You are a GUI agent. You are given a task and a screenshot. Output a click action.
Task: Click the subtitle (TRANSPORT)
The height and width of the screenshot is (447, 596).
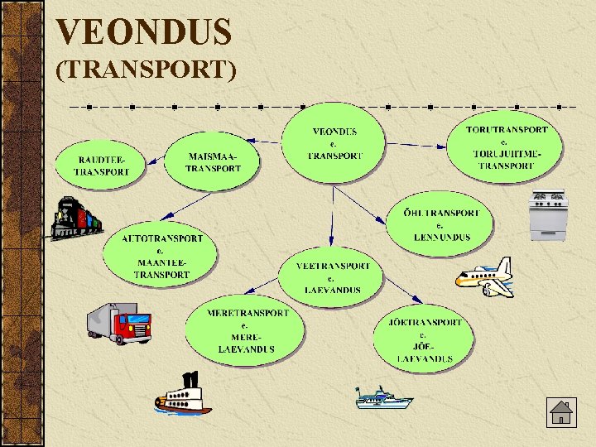pos(146,70)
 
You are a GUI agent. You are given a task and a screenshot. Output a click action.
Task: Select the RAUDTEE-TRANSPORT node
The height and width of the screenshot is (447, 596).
pos(101,165)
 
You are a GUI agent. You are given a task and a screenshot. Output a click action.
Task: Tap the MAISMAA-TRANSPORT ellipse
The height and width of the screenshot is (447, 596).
pos(213,161)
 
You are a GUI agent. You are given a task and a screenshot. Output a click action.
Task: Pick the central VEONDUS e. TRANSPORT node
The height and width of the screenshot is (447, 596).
pos(334,142)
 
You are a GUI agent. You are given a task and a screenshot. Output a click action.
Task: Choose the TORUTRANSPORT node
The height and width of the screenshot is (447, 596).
pos(506,147)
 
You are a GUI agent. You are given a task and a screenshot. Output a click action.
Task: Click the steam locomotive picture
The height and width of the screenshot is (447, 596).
pos(75,218)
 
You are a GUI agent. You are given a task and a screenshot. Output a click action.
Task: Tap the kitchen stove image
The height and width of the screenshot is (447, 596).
pos(548,215)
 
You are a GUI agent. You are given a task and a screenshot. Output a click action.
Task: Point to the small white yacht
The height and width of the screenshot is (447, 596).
pos(382,399)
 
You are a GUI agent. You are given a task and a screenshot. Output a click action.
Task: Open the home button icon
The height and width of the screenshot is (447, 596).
pos(560,412)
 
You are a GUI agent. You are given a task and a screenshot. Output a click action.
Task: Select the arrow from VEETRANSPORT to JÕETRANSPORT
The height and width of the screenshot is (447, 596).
pos(401,291)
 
